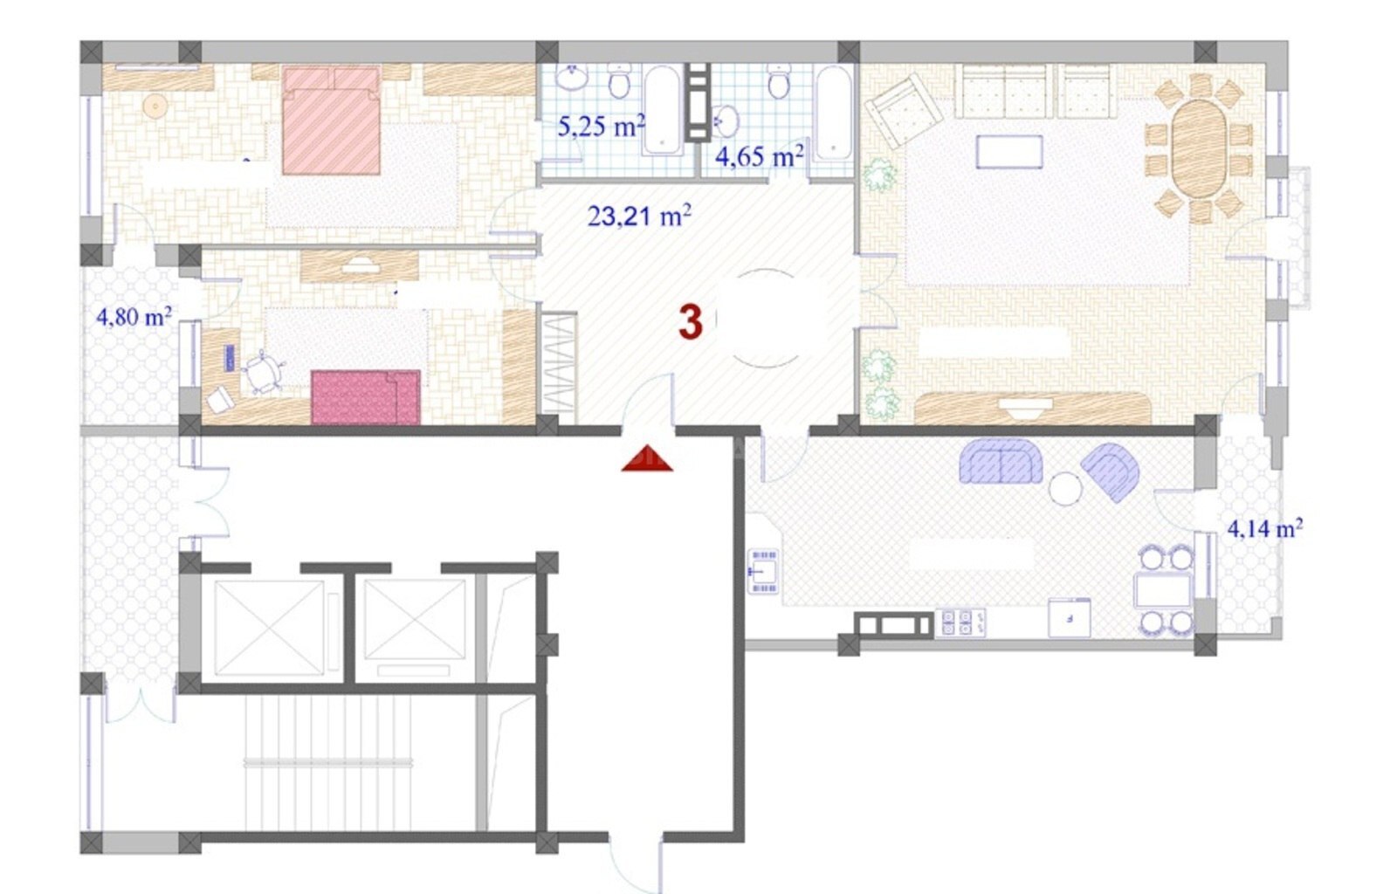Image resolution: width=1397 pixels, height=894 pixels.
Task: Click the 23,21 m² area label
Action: click(639, 216)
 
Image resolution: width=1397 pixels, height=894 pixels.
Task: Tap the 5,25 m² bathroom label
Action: click(601, 126)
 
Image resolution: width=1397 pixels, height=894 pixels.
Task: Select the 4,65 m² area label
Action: click(759, 155)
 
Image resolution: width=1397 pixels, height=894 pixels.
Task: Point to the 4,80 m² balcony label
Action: click(134, 317)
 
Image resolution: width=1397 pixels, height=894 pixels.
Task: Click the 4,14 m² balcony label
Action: click(1265, 529)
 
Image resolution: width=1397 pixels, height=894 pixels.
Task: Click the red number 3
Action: click(691, 322)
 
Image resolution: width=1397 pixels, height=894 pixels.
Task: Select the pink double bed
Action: click(331, 120)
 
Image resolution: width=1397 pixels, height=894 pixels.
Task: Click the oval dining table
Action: click(1199, 149)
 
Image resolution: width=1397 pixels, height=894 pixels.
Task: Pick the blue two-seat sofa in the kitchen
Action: click(1001, 461)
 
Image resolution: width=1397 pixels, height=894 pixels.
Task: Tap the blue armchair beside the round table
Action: click(1110, 471)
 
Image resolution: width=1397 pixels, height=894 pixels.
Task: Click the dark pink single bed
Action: click(366, 397)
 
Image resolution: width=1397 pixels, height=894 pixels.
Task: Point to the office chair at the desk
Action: click(263, 372)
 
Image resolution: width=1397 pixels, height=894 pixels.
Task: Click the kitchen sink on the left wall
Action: click(763, 570)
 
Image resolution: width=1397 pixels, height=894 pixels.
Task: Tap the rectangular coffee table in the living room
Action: click(1009, 152)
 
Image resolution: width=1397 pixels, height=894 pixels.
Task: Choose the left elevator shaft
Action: click(270, 628)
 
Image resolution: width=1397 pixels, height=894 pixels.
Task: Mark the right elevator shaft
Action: click(415, 620)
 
